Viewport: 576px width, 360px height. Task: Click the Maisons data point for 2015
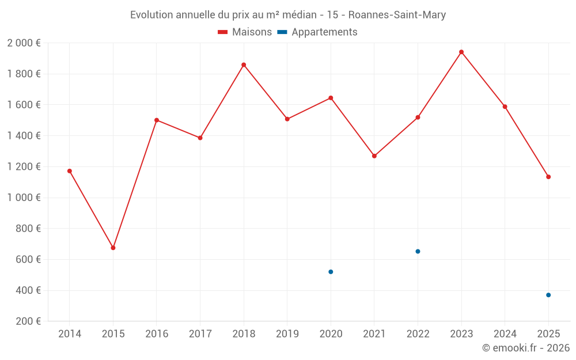[113, 248]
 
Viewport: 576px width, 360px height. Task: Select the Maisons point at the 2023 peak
[461, 52]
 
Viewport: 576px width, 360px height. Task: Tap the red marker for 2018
[244, 65]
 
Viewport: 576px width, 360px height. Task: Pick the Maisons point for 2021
[374, 156]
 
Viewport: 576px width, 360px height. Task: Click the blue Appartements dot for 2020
[331, 272]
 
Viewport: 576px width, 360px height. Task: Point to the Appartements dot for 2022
[418, 251]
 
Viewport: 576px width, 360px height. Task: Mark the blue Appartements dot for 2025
[548, 295]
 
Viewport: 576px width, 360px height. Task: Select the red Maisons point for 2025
[548, 177]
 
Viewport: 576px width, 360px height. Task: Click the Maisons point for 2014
[70, 171]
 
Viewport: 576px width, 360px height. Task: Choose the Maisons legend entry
[245, 32]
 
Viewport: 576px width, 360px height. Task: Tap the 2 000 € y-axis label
[24, 43]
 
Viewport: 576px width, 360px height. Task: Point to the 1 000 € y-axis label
[24, 198]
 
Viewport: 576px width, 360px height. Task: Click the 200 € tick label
[27, 321]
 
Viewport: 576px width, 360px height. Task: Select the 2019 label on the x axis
[287, 334]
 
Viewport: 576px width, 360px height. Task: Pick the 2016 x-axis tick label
[157, 334]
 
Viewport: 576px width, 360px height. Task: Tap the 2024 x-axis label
[505, 334]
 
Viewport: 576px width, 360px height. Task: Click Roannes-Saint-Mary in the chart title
[397, 15]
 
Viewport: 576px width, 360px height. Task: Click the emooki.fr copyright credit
[526, 348]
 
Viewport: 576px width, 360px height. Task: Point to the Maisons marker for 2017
[200, 138]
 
